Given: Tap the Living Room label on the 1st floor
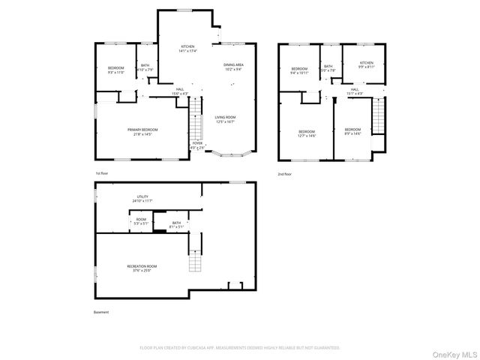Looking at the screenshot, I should click(x=225, y=119).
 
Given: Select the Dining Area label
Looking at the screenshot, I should click(x=233, y=67).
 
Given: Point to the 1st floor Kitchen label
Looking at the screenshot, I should click(x=187, y=49).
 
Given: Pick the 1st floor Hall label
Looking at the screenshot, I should click(x=180, y=91).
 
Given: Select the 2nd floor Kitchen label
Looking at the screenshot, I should click(x=366, y=64).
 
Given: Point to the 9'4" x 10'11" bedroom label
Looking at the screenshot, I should click(x=299, y=70).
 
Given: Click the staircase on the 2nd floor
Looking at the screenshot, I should click(x=378, y=116).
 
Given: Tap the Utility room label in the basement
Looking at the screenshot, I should click(x=142, y=199).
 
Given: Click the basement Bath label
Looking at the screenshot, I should click(x=176, y=223).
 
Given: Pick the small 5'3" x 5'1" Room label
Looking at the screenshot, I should click(x=141, y=221).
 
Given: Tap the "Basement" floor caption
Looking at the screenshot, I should click(x=101, y=312).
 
